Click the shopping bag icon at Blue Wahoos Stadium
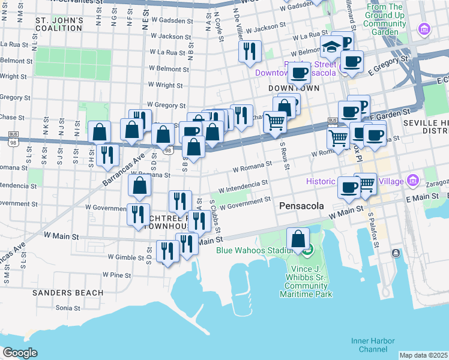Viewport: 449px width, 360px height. click(298, 238)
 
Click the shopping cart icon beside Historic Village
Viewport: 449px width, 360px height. click(365, 184)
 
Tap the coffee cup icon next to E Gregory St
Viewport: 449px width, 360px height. click(352, 61)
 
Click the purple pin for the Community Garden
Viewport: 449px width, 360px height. click(425, 28)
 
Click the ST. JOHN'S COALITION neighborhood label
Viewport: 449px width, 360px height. click(59, 23)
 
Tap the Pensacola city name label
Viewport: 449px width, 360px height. click(301, 206)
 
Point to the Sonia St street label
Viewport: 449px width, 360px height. click(68, 308)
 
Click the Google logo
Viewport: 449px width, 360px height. click(20, 353)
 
